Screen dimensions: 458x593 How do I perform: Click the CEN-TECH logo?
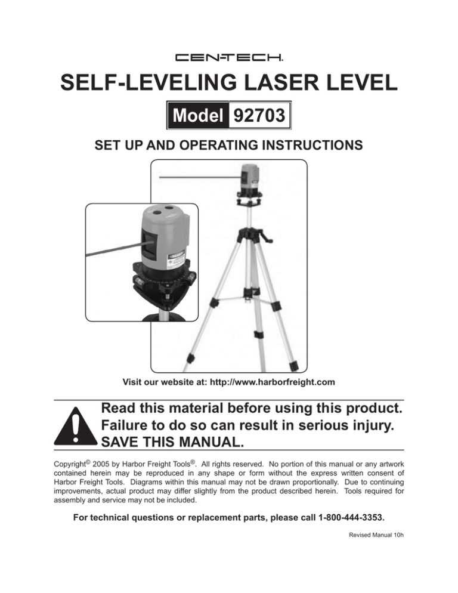tap(229, 58)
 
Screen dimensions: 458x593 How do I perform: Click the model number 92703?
tap(259, 115)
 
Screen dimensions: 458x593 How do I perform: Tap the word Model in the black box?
tap(198, 115)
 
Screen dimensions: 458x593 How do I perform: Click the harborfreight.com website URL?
tap(273, 382)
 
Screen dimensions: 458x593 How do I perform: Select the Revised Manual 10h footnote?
tap(376, 535)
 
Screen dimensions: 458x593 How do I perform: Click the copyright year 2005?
tap(101, 464)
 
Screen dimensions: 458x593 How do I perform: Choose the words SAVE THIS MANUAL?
tap(172, 441)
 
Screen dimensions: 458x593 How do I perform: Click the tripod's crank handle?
tap(267, 239)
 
